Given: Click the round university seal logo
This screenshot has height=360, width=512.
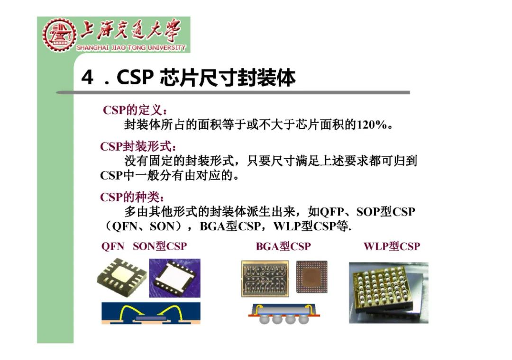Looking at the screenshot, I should [x=59, y=35].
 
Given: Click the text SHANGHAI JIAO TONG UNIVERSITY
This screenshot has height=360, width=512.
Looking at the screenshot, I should [x=131, y=48].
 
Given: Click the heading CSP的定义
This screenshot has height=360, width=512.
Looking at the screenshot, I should [x=135, y=110].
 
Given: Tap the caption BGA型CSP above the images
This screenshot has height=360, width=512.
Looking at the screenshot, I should [x=283, y=246].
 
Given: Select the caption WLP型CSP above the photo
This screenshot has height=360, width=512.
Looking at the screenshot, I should [x=392, y=246].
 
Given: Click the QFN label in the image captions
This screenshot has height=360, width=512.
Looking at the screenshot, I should [x=113, y=246].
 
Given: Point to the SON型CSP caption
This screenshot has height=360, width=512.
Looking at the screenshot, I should [x=160, y=246].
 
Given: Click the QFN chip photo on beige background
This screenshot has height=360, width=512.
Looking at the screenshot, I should [x=121, y=279].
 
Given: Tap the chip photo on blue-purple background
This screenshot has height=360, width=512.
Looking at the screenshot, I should [x=174, y=278].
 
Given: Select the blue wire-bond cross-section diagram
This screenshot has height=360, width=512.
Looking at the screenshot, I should [x=151, y=313].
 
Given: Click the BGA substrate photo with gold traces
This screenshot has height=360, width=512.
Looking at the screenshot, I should [x=266, y=279].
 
